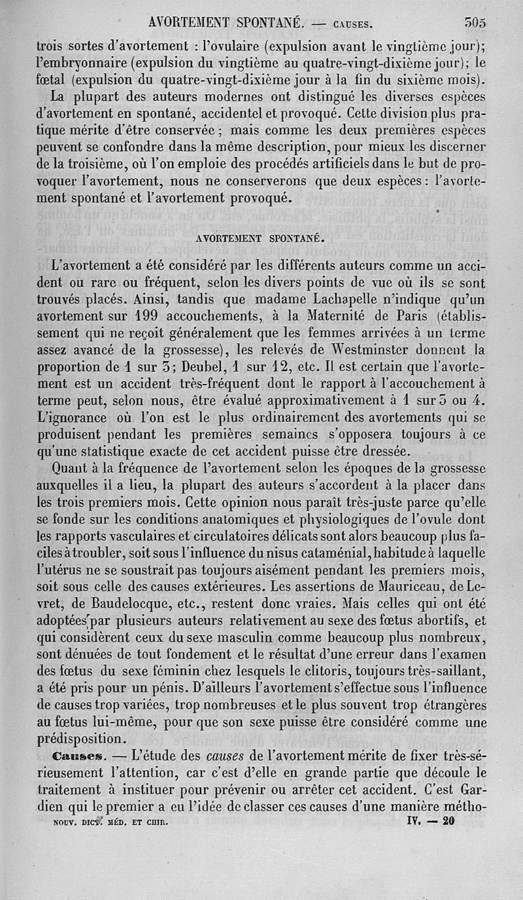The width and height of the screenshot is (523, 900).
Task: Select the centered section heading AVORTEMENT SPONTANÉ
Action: [261, 240]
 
